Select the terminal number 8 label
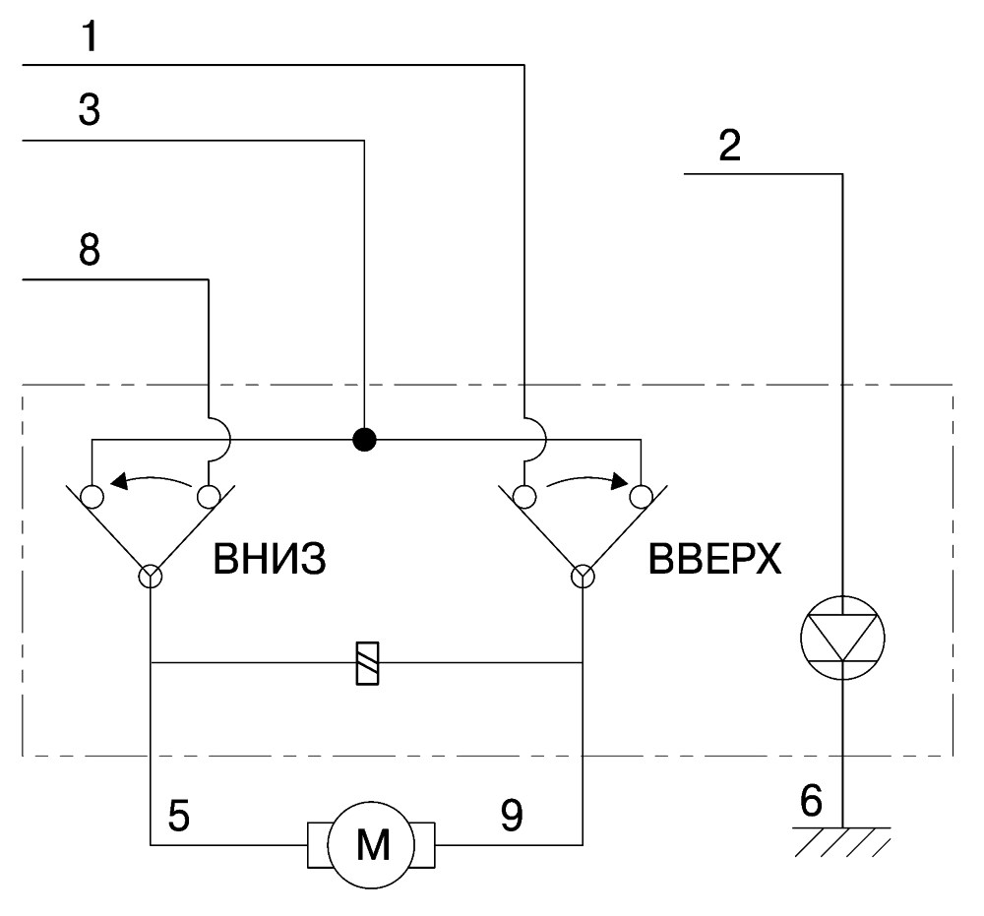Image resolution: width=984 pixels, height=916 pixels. tap(90, 249)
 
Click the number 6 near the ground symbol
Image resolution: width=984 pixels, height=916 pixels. tap(811, 800)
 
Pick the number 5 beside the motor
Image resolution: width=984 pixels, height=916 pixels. tap(179, 817)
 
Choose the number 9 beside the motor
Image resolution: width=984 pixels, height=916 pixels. tap(512, 816)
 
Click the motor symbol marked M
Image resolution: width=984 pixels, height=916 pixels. tap(371, 844)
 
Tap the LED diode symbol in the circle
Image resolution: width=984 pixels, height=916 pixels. tap(842, 638)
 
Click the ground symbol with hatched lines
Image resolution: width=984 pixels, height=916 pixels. tap(842, 842)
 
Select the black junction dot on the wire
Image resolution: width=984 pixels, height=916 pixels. tap(365, 439)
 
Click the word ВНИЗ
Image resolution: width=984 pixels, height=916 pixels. tap(270, 559)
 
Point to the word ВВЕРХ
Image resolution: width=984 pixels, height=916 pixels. tap(714, 559)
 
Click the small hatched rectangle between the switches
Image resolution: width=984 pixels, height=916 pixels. tap(367, 662)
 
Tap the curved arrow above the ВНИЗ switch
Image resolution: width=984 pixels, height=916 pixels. tap(151, 479)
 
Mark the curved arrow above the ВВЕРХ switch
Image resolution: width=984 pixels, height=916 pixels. tap(587, 479)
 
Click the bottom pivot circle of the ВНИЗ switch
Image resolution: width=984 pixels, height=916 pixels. tap(150, 576)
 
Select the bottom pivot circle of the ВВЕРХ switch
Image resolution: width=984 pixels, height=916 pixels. tap(583, 576)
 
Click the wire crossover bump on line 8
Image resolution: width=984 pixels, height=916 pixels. tap(220, 439)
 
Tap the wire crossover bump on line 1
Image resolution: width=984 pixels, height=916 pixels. tap(536, 439)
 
